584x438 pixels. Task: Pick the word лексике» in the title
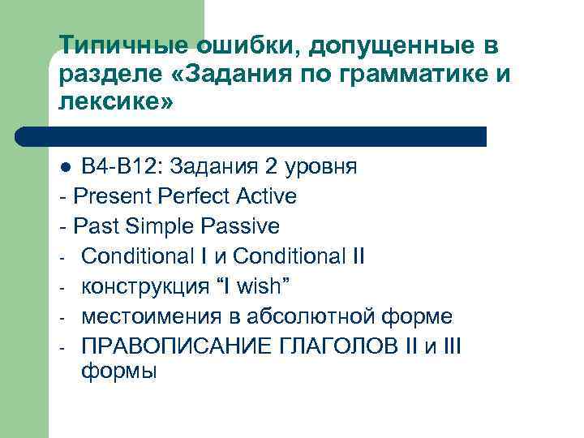click(116, 104)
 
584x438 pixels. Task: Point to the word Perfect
click(200, 196)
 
